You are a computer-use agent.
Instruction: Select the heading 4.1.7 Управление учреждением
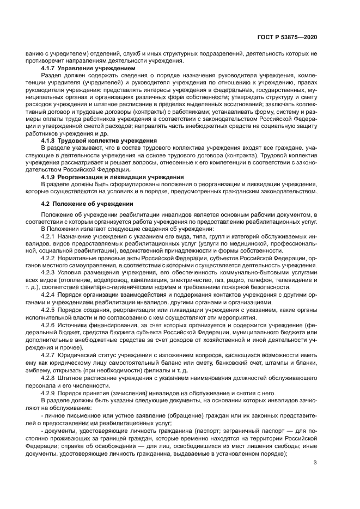tap(88, 69)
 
